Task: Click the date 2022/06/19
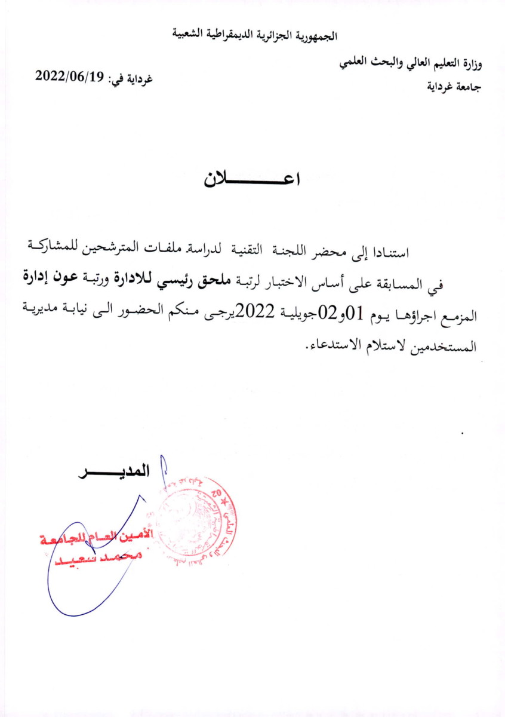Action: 70,76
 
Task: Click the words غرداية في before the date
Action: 131,79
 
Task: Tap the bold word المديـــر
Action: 113,471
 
